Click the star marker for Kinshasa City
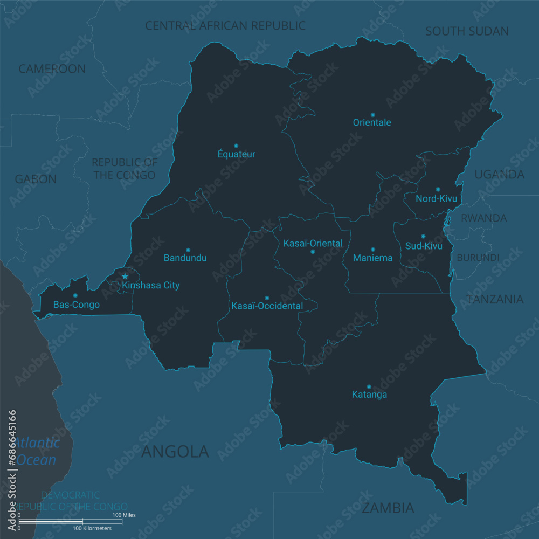125,277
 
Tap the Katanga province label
369,395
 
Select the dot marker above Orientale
372,115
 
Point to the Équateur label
237,154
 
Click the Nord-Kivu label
436,199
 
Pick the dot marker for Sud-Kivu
423,236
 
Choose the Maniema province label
372,258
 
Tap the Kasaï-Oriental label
313,244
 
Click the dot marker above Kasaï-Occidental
267,298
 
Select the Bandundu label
185,258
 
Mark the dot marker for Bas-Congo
75,295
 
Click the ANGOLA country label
175,452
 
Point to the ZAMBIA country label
388,508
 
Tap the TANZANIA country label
495,300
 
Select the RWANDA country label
483,218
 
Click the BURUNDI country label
478,258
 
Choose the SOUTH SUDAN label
467,31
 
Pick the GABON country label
36,179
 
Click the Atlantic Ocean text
37,452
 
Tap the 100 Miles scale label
124,515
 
